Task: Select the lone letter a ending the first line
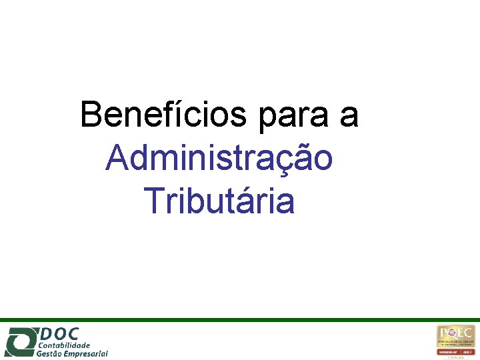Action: pyautogui.click(x=349, y=116)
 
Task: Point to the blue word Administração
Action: pyautogui.click(x=219, y=159)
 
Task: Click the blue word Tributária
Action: pyautogui.click(x=219, y=201)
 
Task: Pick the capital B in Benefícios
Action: pyautogui.click(x=91, y=115)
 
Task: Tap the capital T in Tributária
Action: pyautogui.click(x=153, y=201)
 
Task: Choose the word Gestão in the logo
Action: pyautogui.click(x=50, y=354)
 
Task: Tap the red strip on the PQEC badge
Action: pyautogui.click(x=456, y=351)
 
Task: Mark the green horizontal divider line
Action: pyautogui.click(x=240, y=320)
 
